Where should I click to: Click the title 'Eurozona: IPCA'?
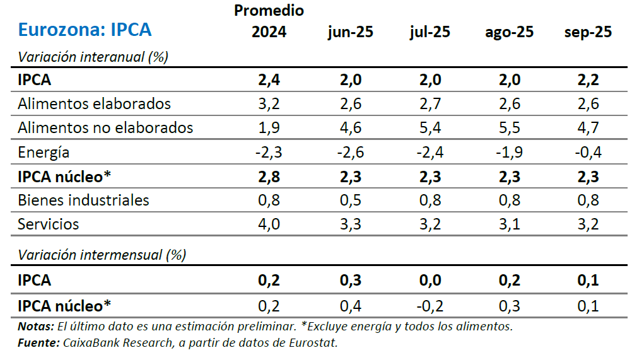pos(85,30)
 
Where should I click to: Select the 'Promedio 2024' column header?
pos(269,21)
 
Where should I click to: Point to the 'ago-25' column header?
pos(509,32)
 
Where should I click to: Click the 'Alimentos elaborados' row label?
pos(94,103)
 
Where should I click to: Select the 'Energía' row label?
pos(44,152)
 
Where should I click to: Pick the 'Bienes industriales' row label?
pos(83,200)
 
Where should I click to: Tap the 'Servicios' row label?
pos(49,224)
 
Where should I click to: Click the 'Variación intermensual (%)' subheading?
pos(102,255)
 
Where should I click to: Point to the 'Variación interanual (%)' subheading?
pos(93,57)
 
